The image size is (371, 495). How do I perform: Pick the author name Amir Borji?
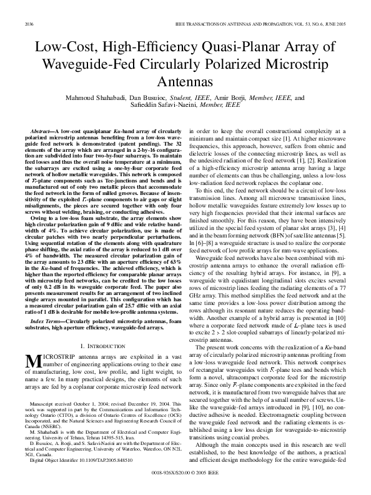pyautogui.click(x=233, y=98)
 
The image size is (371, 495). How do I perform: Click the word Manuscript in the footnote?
pyautogui.click(x=42, y=387)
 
